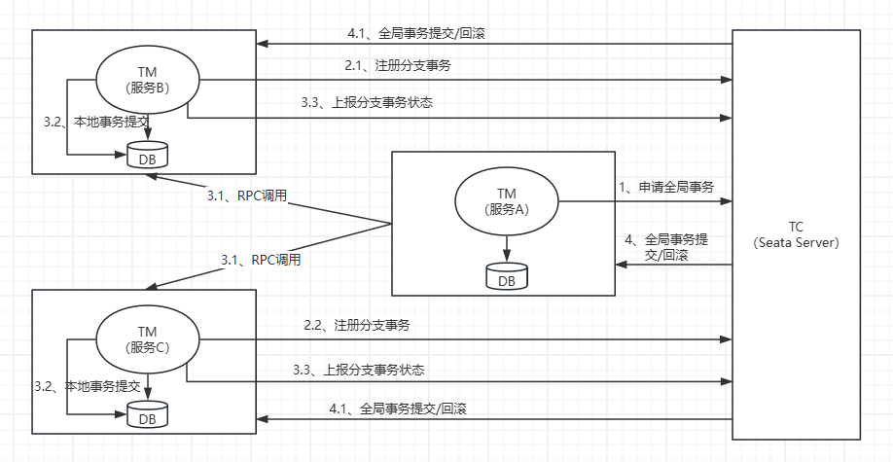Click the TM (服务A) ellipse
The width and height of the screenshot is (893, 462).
click(x=506, y=202)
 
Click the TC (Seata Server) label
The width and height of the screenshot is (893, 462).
click(x=796, y=234)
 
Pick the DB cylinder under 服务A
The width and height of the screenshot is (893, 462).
click(x=506, y=276)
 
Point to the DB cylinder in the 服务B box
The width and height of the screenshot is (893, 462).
click(x=148, y=155)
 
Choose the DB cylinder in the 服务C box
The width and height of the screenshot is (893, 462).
click(x=148, y=414)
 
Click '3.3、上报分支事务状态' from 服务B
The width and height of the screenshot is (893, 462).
click(x=368, y=103)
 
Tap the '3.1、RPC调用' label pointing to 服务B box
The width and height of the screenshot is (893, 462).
click(x=247, y=195)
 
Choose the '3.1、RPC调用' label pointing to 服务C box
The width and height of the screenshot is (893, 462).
click(x=261, y=260)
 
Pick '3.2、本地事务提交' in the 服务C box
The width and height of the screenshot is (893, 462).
click(x=88, y=386)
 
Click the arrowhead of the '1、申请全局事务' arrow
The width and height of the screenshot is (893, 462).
click(x=726, y=202)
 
